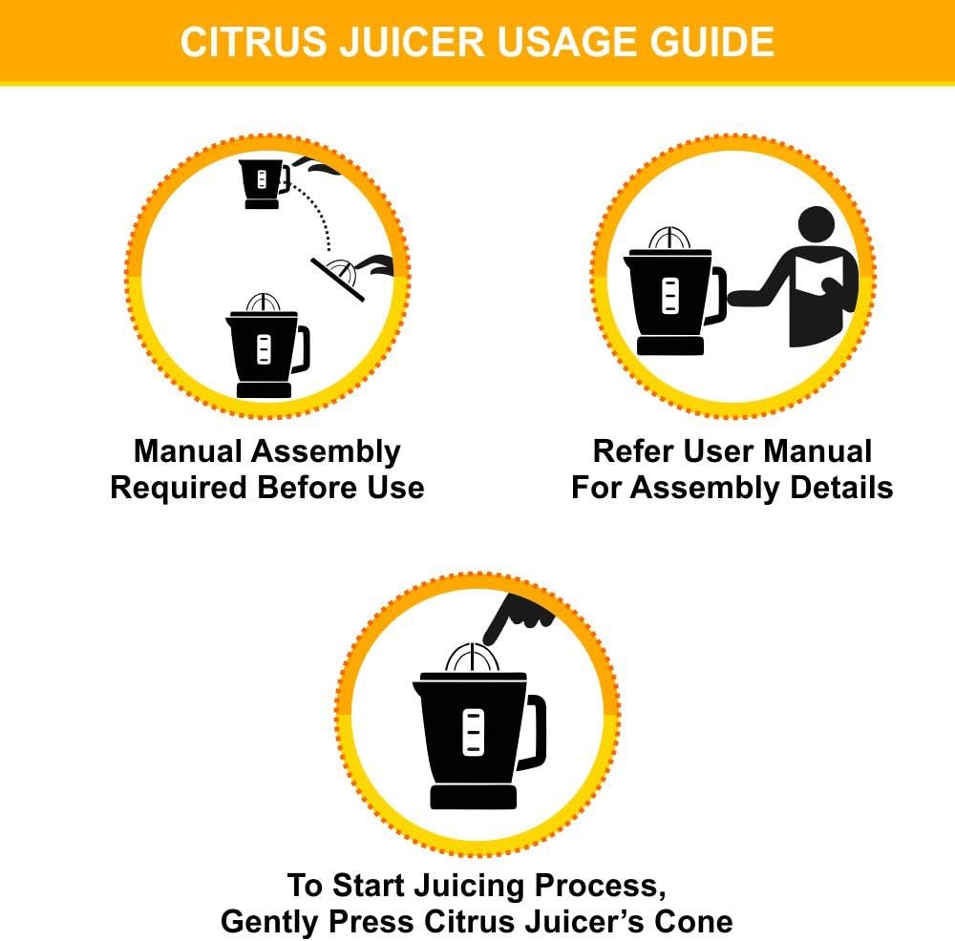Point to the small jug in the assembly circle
[262, 182]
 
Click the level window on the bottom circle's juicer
[473, 733]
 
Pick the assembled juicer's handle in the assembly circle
[301, 349]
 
